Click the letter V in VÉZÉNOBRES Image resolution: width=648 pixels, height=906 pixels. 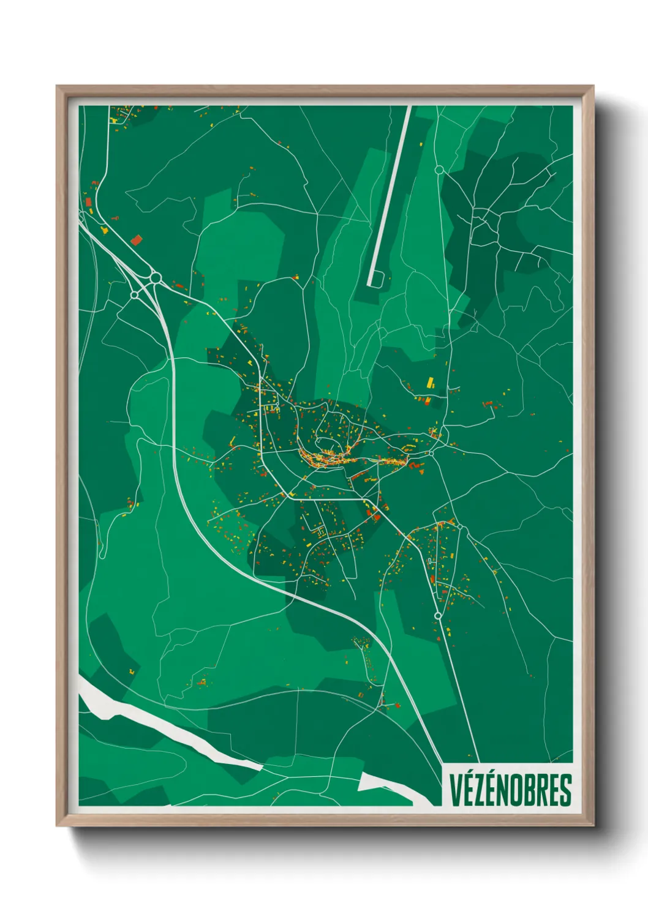(456, 790)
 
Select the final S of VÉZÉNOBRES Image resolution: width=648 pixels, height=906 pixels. (565, 790)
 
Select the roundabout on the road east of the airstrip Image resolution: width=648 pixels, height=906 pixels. (439, 170)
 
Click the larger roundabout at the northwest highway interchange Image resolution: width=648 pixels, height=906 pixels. (156, 279)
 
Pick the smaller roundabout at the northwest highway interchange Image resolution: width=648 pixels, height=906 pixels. (135, 295)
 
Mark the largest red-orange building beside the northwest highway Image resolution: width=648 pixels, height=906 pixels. (136, 239)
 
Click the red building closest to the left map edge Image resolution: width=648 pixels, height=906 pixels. (88, 201)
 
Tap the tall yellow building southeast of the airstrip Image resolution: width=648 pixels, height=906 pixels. (430, 383)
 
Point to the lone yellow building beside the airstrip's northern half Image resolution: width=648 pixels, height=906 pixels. (421, 144)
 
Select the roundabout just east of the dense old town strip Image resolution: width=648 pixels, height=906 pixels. (431, 453)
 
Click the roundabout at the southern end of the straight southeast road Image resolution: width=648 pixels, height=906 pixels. (437, 615)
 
